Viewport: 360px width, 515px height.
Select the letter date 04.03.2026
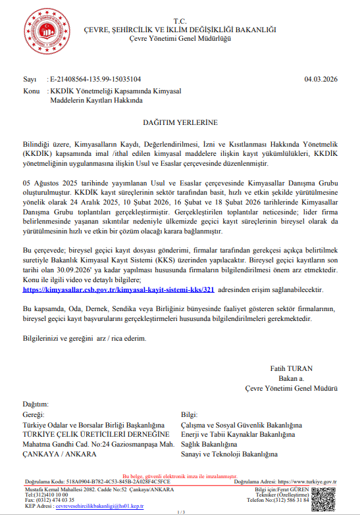pos(321,79)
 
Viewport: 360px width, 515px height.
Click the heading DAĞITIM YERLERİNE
pos(180,122)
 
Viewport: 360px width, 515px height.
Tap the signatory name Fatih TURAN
pos(291,368)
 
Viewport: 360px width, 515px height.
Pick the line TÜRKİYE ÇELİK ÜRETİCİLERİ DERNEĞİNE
pos(91,435)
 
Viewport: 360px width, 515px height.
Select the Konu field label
pos(32,90)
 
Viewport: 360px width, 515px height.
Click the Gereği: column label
pos(34,415)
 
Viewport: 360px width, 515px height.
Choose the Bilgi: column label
pos(189,415)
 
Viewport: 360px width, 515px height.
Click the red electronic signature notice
pos(180,476)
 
